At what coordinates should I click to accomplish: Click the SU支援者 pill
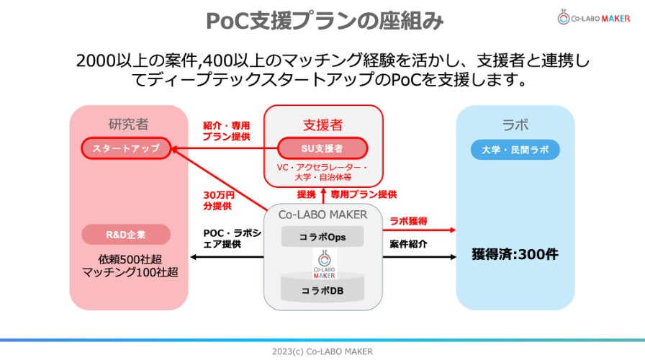pos(322,148)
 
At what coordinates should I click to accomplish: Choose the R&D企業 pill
pos(126,235)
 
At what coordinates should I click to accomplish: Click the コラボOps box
pos(322,236)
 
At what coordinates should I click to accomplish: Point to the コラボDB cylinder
pos(322,289)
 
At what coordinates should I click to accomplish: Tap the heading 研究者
pos(129,123)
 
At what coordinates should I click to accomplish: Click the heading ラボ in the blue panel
pos(515,123)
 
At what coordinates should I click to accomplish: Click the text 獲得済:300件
pos(515,254)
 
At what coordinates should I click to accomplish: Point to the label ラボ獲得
pos(409,220)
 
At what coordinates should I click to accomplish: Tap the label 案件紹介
pos(408,244)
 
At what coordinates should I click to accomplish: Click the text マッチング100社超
pos(129,272)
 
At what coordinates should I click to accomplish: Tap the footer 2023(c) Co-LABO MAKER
pos(322,351)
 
